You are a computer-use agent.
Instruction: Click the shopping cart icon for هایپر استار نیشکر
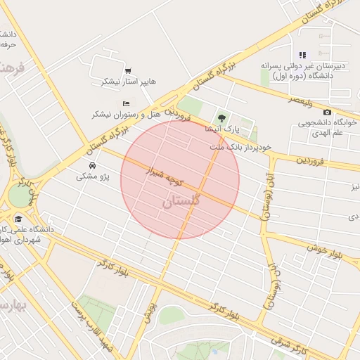127,70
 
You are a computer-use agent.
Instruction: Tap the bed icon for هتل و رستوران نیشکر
126,104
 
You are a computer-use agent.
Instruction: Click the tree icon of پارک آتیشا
222,118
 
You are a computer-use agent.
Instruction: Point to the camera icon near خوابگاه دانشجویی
327,112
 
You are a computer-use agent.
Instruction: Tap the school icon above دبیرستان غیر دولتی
302,55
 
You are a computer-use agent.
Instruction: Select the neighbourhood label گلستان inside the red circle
181,201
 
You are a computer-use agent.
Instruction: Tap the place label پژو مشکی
94,177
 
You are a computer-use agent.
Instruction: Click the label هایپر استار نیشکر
129,82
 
